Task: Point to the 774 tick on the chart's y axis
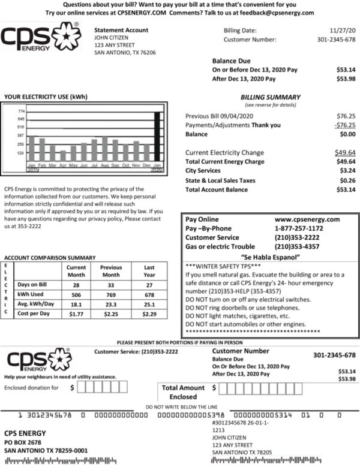[21, 112]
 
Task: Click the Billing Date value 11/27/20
[343, 30]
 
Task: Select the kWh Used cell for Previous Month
[111, 296]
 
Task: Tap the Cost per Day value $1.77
[76, 314]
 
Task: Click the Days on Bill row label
[32, 285]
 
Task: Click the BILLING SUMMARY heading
[270, 97]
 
